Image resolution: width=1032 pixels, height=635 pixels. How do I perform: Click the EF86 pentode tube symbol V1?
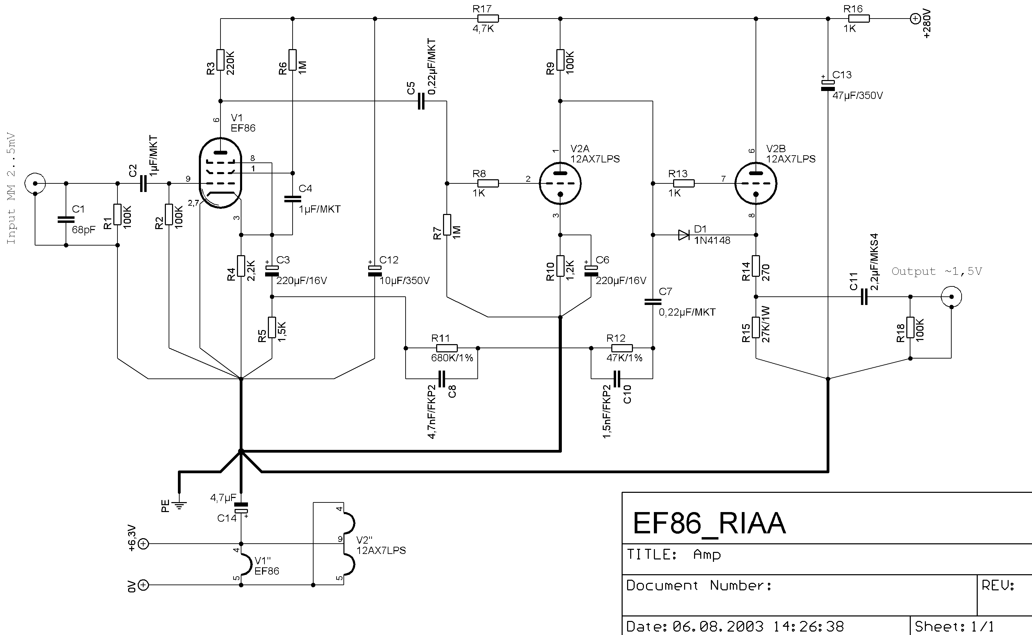coord(220,173)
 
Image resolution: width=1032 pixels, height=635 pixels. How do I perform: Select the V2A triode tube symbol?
coord(560,183)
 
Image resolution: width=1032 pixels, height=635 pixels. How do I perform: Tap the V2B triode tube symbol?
coord(756,183)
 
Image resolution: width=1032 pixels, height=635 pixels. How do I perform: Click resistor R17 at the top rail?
coord(488,19)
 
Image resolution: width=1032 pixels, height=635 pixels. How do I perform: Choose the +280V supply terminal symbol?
coord(915,19)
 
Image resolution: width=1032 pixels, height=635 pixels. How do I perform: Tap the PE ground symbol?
coord(179,505)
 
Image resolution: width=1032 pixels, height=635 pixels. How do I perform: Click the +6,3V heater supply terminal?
coord(144,544)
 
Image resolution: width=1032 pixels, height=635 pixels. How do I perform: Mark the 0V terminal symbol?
coord(144,585)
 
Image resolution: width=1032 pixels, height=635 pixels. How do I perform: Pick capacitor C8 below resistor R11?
coord(441,379)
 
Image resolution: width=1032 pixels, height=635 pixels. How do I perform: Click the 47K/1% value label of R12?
coord(624,358)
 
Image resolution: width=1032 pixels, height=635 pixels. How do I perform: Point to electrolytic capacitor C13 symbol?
coord(828,85)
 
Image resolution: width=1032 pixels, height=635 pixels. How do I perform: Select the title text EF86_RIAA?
coord(709,523)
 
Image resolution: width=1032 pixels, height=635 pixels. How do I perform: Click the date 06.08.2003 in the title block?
coord(718,626)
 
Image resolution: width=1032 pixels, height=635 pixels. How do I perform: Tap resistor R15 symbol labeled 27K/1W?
coord(756,328)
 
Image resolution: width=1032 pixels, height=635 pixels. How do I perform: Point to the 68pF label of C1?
coord(83,230)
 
